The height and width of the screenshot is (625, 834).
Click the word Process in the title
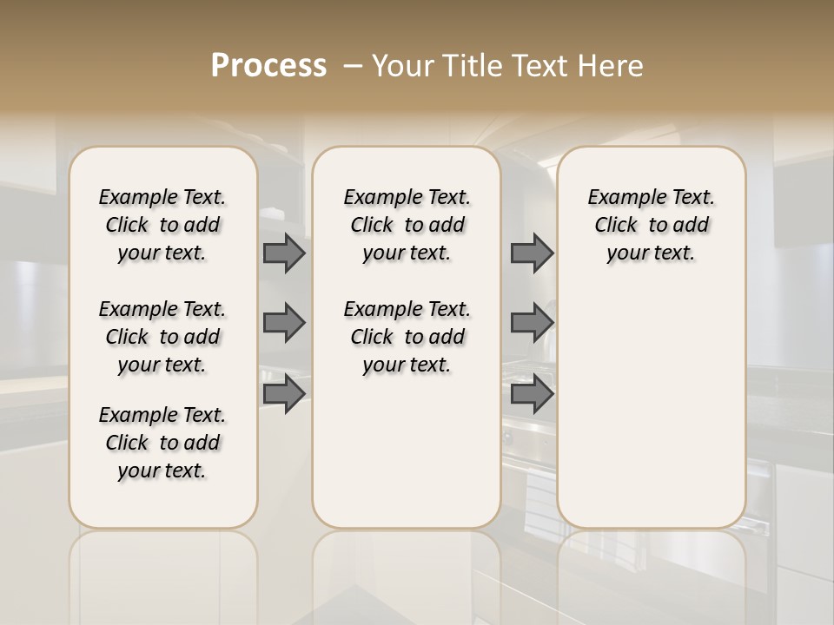tap(268, 65)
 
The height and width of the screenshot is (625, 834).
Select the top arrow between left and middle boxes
tap(284, 253)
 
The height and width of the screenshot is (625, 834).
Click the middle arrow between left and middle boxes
tap(284, 323)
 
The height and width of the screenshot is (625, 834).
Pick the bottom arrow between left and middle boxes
tap(284, 394)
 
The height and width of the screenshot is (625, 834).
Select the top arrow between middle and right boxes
tap(532, 253)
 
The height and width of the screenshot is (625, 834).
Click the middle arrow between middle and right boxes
tap(532, 323)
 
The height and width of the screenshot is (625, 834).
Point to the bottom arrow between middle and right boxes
tap(532, 394)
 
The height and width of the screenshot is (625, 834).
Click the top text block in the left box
tap(162, 225)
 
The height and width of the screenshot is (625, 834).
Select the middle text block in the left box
tap(162, 337)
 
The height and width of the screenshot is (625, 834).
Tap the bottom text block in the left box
tap(162, 443)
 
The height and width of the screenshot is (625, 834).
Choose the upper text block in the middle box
tap(407, 225)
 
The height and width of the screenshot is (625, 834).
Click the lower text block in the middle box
tap(407, 337)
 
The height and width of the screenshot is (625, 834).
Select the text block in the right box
tap(651, 225)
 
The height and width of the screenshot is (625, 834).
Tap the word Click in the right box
tap(616, 226)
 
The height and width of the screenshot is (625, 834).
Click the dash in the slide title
tap(352, 65)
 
